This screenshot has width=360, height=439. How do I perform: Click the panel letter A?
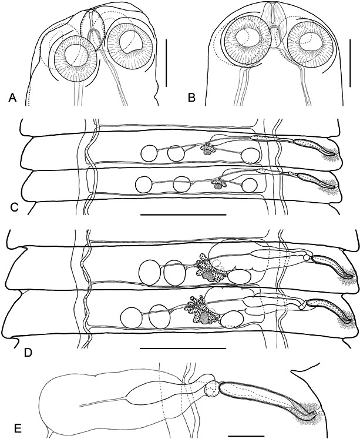(x=12, y=98)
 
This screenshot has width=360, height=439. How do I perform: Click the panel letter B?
(x=191, y=98)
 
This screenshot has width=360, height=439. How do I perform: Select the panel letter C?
(x=14, y=207)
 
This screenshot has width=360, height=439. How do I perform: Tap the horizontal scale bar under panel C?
(x=183, y=215)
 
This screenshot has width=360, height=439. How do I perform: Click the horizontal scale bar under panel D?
(x=183, y=348)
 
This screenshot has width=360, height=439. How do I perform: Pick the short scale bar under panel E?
(x=246, y=436)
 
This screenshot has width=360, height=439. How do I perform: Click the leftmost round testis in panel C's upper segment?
(x=149, y=154)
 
